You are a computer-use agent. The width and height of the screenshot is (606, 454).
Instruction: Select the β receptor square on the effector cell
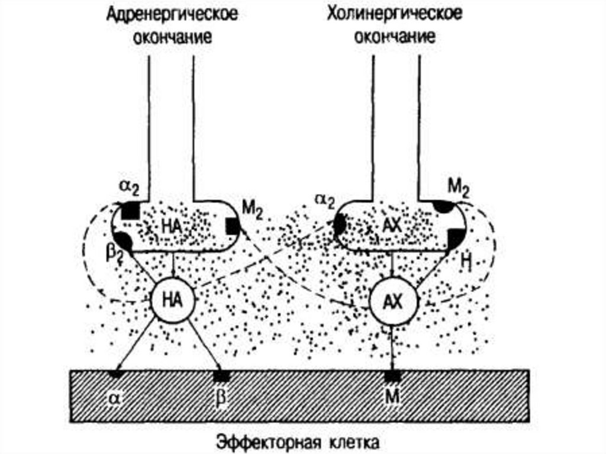click(222, 375)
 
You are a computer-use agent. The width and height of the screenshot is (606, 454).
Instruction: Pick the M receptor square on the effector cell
click(391, 375)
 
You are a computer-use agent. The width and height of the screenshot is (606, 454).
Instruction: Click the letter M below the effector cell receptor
click(391, 395)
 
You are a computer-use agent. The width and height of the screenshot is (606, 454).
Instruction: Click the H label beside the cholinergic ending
click(465, 260)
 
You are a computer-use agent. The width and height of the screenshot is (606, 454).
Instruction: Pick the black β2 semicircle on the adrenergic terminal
click(124, 240)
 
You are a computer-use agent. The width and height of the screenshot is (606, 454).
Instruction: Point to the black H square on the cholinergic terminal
click(454, 239)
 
